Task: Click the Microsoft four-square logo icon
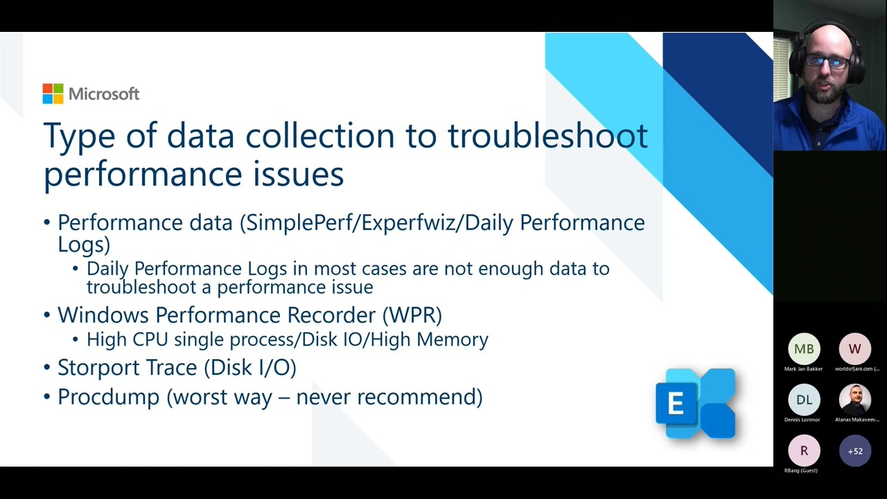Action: [53, 94]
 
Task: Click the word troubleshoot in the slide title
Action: [547, 135]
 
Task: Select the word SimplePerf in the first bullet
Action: [301, 222]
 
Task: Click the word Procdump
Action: [109, 397]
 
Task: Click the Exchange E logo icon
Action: [695, 403]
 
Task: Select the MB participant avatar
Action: [804, 349]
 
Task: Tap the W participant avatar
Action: [854, 349]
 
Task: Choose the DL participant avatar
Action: [804, 400]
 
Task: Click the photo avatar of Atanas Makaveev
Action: [854, 400]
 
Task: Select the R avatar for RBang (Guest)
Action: [804, 450]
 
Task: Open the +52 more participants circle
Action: [854, 450]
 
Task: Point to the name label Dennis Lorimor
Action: [802, 419]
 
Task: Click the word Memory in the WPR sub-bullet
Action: [454, 340]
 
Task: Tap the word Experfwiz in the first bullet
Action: [412, 222]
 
